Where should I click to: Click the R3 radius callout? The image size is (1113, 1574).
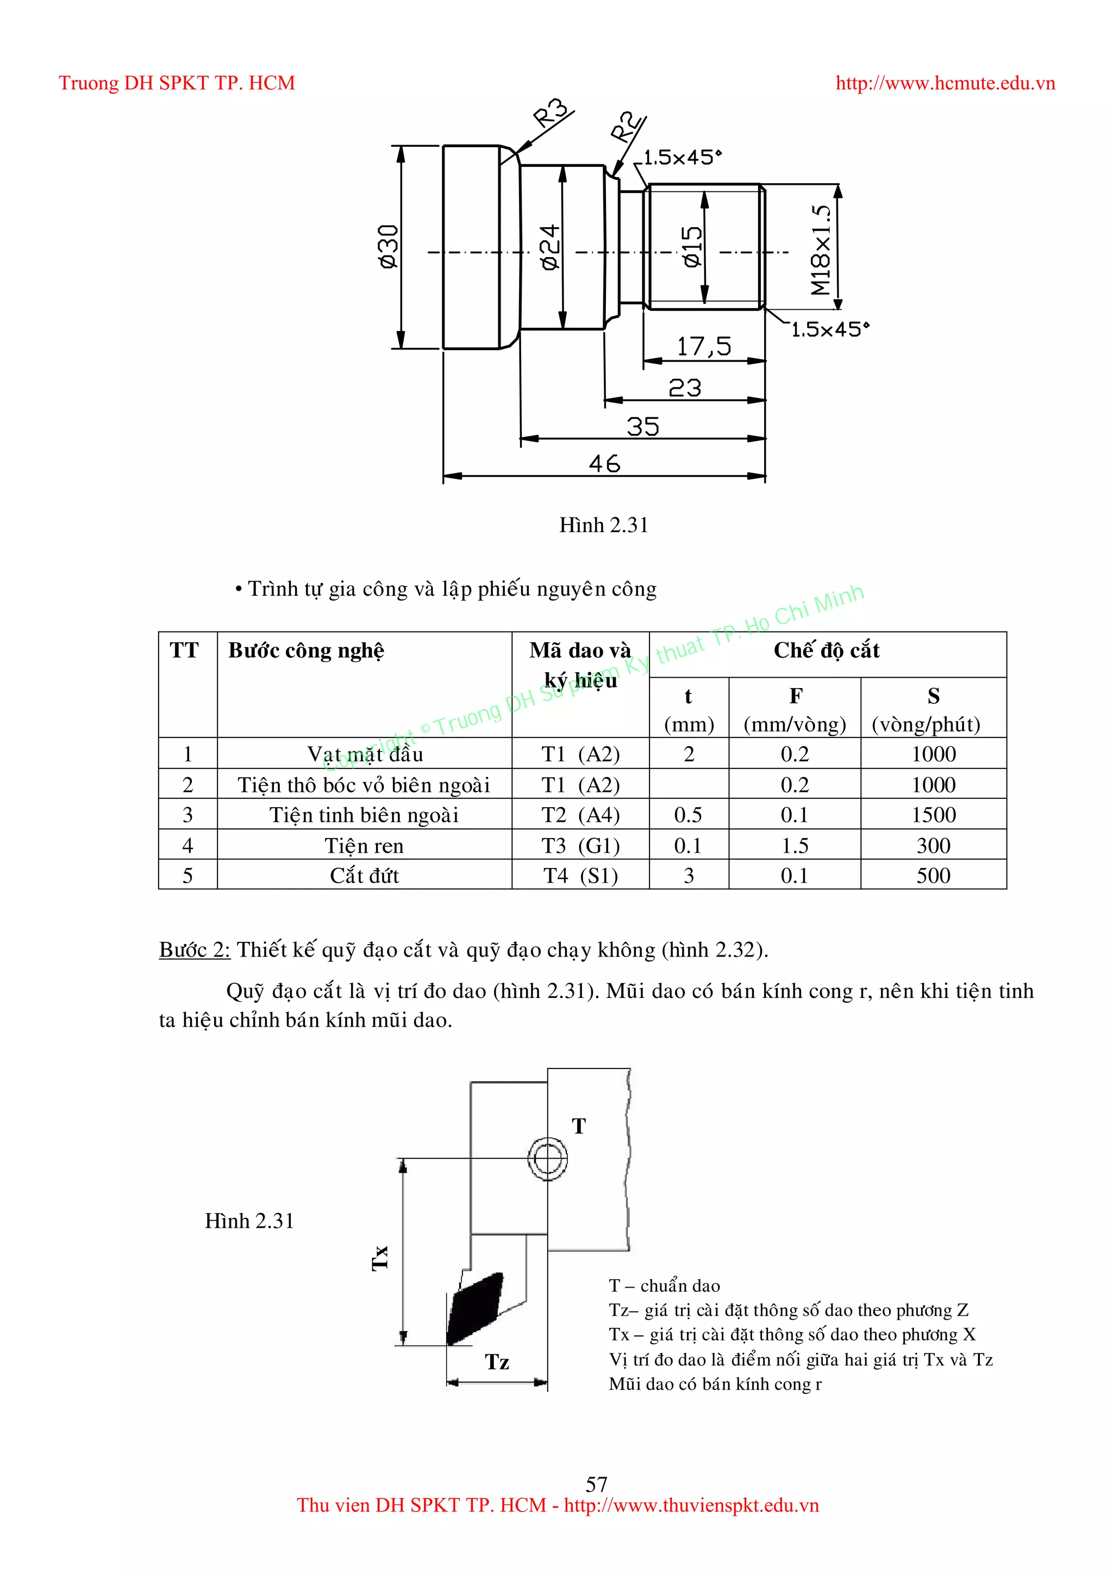pyautogui.click(x=552, y=113)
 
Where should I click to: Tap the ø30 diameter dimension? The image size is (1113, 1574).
pyautogui.click(x=388, y=247)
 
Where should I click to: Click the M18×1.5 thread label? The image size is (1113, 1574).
pyautogui.click(x=821, y=249)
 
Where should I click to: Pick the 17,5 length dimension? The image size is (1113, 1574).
pyautogui.click(x=704, y=347)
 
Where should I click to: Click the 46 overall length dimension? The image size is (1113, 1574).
pyautogui.click(x=604, y=464)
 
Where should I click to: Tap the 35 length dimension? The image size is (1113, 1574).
pyautogui.click(x=643, y=427)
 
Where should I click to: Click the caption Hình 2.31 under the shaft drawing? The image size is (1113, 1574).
pyautogui.click(x=603, y=525)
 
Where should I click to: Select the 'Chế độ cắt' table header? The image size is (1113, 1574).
pyautogui.click(x=827, y=650)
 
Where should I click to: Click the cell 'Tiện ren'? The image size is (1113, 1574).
pyautogui.click(x=364, y=845)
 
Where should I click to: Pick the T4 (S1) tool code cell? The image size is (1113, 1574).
pyautogui.click(x=580, y=876)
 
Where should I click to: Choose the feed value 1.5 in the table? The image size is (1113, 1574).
pyautogui.click(x=795, y=845)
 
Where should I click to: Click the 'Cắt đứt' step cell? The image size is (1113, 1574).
pyautogui.click(x=364, y=876)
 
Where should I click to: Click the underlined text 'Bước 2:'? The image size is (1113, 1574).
pyautogui.click(x=195, y=950)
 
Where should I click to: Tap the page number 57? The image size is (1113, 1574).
pyautogui.click(x=596, y=1484)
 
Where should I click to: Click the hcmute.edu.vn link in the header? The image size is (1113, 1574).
pyautogui.click(x=945, y=84)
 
